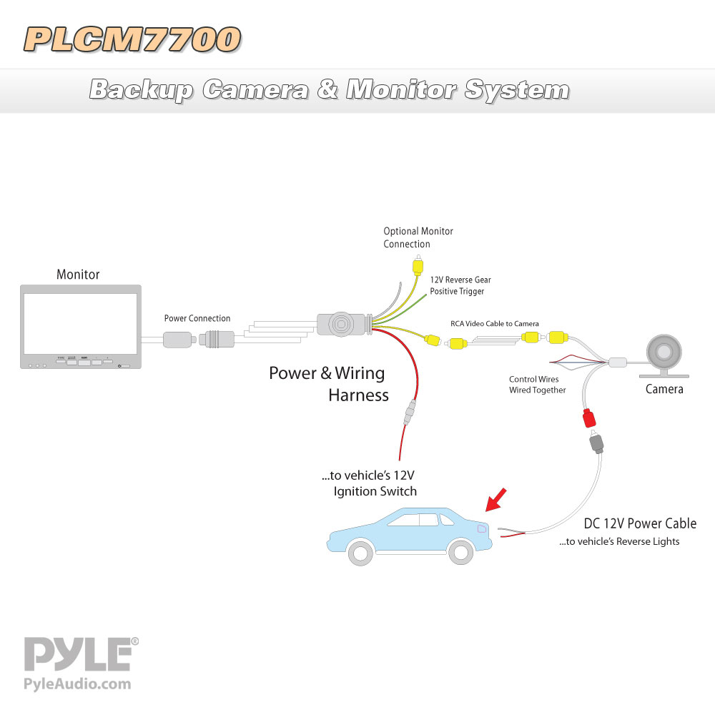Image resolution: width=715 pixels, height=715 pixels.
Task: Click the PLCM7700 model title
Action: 132,39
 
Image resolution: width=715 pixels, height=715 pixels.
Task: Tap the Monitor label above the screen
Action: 78,274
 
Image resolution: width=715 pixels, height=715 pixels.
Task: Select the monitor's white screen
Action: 80,324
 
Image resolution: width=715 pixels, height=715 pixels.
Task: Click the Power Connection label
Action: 197,318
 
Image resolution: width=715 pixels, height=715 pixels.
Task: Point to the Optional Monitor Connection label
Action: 418,237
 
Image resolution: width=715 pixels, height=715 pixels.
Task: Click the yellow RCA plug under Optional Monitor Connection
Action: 418,265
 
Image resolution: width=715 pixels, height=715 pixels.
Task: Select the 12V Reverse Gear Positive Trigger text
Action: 460,285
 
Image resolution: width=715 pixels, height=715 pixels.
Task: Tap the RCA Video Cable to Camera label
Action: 495,323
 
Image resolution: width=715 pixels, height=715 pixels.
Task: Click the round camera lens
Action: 664,352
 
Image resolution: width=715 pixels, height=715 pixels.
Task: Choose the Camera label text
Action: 664,389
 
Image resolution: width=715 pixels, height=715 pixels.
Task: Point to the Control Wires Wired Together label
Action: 537,385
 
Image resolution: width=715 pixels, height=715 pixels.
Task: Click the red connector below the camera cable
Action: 589,418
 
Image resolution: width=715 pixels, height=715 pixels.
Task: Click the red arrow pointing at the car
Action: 495,500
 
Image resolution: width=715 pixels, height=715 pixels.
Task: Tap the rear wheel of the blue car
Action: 461,552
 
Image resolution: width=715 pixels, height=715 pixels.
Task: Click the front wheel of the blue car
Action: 360,553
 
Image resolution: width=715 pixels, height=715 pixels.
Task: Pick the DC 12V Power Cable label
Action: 640,523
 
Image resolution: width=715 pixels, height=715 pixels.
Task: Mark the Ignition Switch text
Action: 375,491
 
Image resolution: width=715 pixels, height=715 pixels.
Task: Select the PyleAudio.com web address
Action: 77,684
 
